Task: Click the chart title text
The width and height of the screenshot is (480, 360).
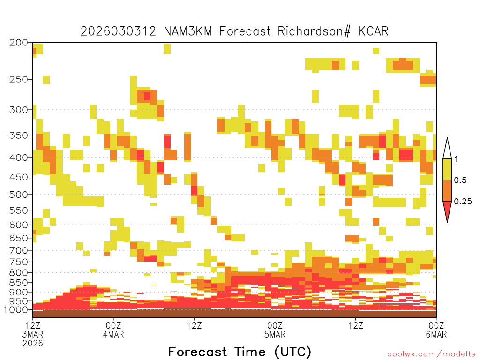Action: [234, 31]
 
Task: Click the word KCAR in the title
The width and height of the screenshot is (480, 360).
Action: [374, 31]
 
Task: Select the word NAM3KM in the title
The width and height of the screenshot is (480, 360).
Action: [187, 31]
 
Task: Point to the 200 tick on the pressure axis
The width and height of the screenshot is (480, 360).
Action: [19, 43]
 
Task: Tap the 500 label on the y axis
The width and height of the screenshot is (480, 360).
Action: [19, 195]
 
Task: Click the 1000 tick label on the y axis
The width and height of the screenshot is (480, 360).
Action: [15, 309]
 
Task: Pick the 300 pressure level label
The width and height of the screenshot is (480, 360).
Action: [19, 110]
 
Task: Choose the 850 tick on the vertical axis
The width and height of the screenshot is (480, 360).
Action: [19, 283]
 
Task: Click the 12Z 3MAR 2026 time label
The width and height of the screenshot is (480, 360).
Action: [33, 334]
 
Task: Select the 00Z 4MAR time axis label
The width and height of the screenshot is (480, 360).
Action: [113, 330]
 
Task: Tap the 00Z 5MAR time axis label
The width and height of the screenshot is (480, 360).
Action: [275, 330]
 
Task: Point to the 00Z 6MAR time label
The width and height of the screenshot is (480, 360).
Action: [436, 330]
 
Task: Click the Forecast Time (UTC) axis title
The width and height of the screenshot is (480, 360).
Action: [240, 352]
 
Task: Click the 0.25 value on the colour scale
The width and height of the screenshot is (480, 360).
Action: [463, 201]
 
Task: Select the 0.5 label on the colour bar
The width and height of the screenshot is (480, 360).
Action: [460, 180]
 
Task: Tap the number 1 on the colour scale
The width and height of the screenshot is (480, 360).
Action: [456, 159]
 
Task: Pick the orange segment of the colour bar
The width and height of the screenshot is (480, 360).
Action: [447, 190]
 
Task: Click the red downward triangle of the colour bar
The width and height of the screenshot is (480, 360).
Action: [447, 210]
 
